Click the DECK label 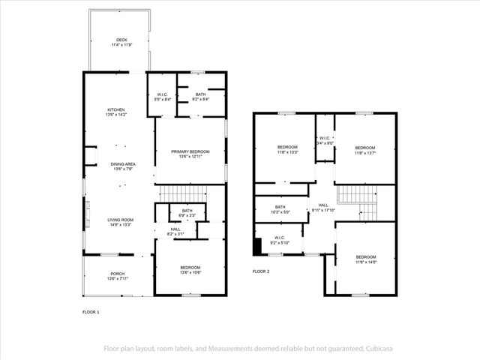pyautogui.click(x=122, y=40)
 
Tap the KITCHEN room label pyautogui.click(x=115, y=110)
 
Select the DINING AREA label pyautogui.click(x=122, y=164)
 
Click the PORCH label pyautogui.click(x=118, y=274)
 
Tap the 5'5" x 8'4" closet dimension pyautogui.click(x=163, y=99)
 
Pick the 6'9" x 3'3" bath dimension pyautogui.click(x=187, y=216)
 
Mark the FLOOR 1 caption pyautogui.click(x=90, y=311)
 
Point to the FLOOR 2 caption pyautogui.click(x=261, y=271)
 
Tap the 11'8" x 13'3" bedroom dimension pyautogui.click(x=288, y=152)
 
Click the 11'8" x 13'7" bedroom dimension pyautogui.click(x=365, y=152)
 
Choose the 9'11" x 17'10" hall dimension pyautogui.click(x=323, y=210)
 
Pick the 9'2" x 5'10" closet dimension pyautogui.click(x=279, y=242)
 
